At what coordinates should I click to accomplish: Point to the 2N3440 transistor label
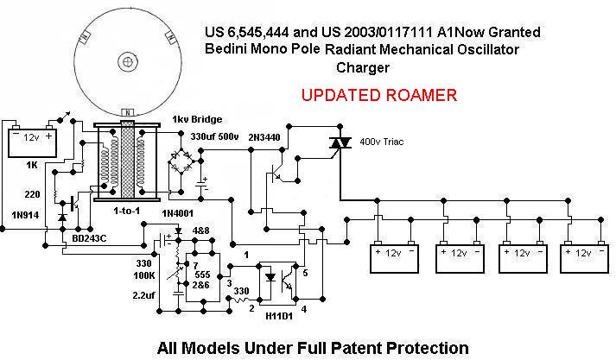point(264,137)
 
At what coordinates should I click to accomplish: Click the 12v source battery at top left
point(32,143)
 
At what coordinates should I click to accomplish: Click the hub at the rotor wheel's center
point(127,60)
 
